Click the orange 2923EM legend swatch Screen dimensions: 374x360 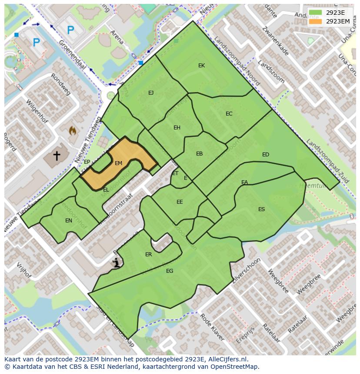[x=316, y=21]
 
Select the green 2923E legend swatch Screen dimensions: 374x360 [x=316, y=13]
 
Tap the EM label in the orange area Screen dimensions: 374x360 [x=118, y=163]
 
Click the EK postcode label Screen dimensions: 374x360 [x=201, y=66]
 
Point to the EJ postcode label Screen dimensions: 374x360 [x=151, y=93]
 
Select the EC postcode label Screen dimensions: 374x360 [x=229, y=114]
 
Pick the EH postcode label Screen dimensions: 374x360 [x=177, y=128]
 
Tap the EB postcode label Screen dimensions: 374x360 [x=199, y=154]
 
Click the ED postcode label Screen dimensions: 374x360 [x=265, y=155]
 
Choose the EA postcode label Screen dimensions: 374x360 [x=244, y=182]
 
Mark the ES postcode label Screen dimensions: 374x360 [x=261, y=209]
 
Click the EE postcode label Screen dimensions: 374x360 [x=180, y=202]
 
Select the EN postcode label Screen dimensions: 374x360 [x=69, y=221]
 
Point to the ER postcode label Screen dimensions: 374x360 [x=148, y=255]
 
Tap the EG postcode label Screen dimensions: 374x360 [x=170, y=271]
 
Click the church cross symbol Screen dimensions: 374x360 [x=57, y=155]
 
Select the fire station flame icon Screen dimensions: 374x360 [x=73, y=130]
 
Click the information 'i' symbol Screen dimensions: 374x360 [x=116, y=262]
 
